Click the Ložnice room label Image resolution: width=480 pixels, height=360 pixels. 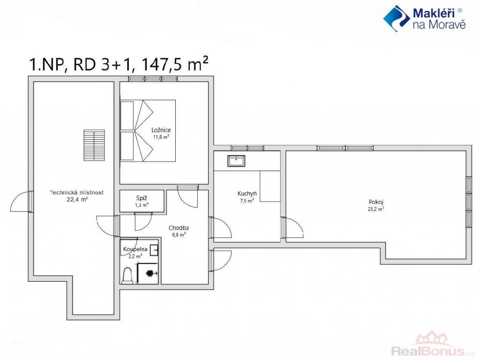pyautogui.click(x=161, y=130)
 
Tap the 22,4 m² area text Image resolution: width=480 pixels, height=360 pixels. pyautogui.click(x=77, y=200)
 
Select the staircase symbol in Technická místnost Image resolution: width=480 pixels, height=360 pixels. pyautogui.click(x=94, y=145)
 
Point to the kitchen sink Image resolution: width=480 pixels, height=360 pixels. pyautogui.click(x=236, y=161)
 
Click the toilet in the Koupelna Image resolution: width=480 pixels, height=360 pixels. pyautogui.click(x=127, y=275)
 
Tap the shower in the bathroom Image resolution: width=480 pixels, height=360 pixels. pyautogui.click(x=148, y=273)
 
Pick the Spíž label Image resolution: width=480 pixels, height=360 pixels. pyautogui.click(x=142, y=198)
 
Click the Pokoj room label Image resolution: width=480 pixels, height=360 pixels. pyautogui.click(x=376, y=202)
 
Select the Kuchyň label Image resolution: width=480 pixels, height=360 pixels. pyautogui.click(x=247, y=194)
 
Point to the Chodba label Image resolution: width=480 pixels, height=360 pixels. pyautogui.click(x=179, y=228)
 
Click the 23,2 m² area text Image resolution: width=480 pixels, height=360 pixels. pyautogui.click(x=376, y=210)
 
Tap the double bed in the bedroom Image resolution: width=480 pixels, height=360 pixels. pyautogui.click(x=148, y=131)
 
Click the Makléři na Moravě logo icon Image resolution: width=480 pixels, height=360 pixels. pyautogui.click(x=397, y=18)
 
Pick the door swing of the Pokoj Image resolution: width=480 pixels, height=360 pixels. pyautogui.click(x=293, y=228)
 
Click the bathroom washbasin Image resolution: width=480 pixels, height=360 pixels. pyautogui.click(x=155, y=250)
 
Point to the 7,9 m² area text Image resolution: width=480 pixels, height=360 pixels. pyautogui.click(x=247, y=201)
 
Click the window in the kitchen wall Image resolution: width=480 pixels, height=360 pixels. pyautogui.click(x=247, y=148)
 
